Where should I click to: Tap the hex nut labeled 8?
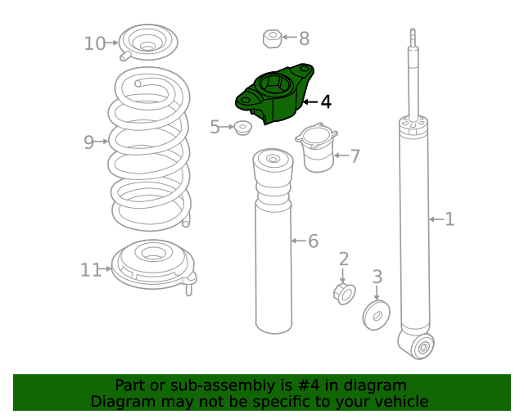coord(273,38)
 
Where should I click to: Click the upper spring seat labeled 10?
coord(148,43)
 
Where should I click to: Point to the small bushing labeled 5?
coord(242,128)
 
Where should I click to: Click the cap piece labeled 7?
coord(317,147)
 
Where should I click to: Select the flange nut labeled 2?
coord(345,294)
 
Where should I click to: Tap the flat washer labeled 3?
coord(377,315)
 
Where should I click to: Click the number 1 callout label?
coord(449,219)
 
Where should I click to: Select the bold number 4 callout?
coord(326,101)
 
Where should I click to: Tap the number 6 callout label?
coord(313,241)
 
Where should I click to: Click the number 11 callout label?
coord(91,269)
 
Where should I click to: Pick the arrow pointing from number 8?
coord(289,37)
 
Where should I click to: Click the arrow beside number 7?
coord(341,155)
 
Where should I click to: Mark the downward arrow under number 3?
coord(377,293)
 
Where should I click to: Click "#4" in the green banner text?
coord(309,385)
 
